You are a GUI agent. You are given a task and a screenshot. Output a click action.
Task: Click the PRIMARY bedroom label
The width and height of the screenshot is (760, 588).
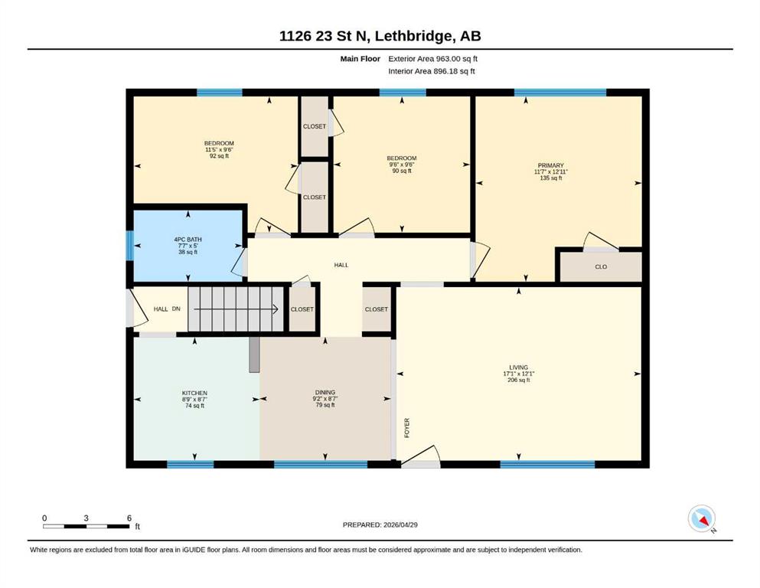[x=550, y=165]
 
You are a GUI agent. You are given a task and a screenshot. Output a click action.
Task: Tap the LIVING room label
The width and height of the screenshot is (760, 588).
[x=519, y=367]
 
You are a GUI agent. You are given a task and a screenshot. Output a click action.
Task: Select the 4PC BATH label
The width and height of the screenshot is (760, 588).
[x=188, y=240]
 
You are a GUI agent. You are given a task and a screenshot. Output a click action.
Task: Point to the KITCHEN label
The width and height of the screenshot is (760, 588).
[x=195, y=393]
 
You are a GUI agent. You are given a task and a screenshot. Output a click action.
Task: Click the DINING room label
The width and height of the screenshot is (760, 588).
[x=325, y=392]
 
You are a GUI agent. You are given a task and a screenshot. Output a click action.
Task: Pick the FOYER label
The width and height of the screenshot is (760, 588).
[x=407, y=428]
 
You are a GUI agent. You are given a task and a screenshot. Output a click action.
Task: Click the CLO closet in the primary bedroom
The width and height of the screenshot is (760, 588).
[x=601, y=266]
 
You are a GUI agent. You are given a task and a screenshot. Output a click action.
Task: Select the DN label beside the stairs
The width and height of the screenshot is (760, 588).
[x=176, y=309]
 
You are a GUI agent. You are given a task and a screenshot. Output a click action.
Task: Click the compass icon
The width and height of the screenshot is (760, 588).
[x=702, y=518]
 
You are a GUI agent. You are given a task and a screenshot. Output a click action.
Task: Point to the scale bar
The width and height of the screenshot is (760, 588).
[x=86, y=526]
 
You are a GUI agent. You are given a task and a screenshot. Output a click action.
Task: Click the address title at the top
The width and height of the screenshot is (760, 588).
[x=380, y=36]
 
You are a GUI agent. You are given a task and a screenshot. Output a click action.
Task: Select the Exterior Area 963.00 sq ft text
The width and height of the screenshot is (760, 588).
[x=433, y=59]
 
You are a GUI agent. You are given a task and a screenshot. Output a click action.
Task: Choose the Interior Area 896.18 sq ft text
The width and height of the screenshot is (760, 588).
[x=432, y=71]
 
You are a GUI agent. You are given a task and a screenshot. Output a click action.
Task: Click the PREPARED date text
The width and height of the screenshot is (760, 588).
[x=380, y=524]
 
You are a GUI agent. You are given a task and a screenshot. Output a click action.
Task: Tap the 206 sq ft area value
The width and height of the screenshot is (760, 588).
[x=519, y=380]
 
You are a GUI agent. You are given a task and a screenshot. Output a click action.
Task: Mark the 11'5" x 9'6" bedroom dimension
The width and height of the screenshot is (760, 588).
[x=219, y=150]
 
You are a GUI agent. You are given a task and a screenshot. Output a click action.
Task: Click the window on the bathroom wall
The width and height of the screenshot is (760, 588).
[x=129, y=245]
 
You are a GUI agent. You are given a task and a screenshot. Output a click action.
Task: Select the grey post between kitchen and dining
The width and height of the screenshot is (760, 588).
[x=254, y=354]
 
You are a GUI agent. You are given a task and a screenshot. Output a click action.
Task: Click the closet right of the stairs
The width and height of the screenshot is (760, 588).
[x=302, y=309]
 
